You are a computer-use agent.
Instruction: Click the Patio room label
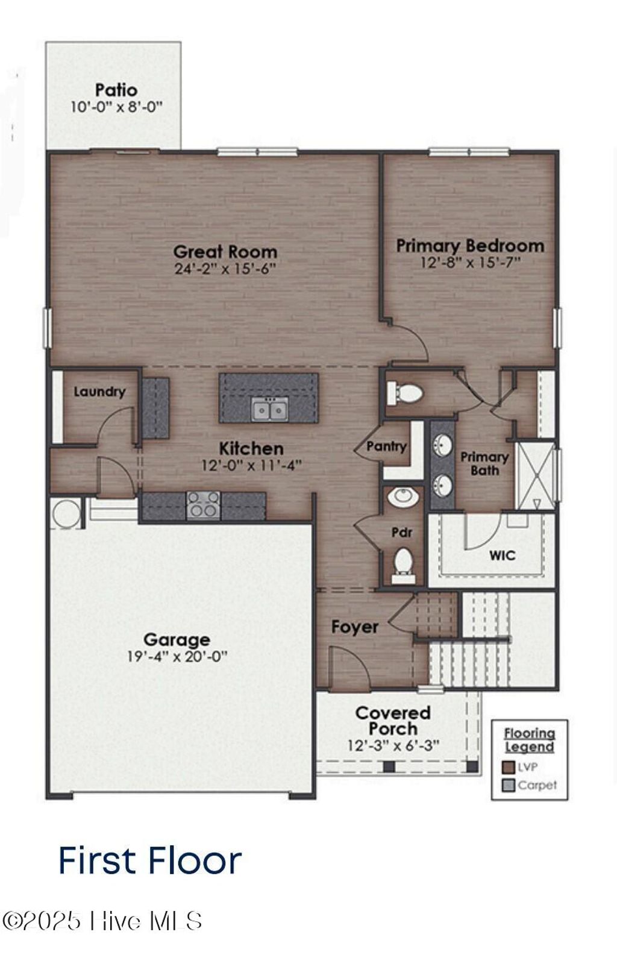(x=116, y=90)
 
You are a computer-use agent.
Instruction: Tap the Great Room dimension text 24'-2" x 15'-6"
(x=225, y=269)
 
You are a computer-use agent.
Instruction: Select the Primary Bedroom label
(x=470, y=246)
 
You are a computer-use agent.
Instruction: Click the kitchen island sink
(x=269, y=410)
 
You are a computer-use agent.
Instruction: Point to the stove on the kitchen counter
(x=203, y=504)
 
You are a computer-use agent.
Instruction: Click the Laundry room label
(x=99, y=392)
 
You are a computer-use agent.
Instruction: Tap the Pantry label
(x=386, y=446)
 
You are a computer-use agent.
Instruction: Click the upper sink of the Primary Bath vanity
(x=443, y=446)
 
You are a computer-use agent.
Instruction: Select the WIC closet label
(x=502, y=555)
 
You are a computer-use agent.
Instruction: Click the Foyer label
(x=354, y=627)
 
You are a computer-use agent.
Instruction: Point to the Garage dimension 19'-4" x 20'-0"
(x=177, y=657)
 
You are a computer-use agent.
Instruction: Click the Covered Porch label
(x=393, y=721)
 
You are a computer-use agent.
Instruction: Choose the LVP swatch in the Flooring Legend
(x=509, y=767)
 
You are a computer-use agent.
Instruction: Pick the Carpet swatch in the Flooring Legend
(x=509, y=785)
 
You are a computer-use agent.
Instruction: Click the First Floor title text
(x=149, y=860)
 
